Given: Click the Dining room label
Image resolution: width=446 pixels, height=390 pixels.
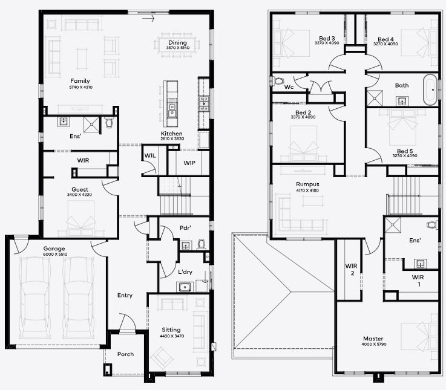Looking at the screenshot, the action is coord(177,43).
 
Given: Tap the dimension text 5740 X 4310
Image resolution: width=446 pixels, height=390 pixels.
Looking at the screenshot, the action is coord(80,87).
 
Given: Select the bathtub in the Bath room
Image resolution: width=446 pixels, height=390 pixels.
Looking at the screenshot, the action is coord(430,90).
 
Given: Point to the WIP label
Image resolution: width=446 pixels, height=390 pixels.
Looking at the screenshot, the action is coord(189,163).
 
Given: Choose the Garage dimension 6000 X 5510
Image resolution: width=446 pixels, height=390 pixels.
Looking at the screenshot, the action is coord(55,254).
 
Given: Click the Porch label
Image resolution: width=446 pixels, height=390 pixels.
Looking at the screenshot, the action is coord(125,354).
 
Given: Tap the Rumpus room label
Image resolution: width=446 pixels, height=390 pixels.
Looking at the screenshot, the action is coord(307,184).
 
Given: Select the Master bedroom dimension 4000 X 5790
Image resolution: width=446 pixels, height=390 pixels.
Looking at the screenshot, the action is coord(374,344).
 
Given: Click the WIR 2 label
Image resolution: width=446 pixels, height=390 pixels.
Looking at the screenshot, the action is coord(352,270).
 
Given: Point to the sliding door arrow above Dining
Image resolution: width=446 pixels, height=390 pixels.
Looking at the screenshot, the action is coord(148,19).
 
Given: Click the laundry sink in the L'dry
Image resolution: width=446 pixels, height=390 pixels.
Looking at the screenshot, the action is coord(185,287).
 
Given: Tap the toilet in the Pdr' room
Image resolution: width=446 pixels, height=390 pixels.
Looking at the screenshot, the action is coord(202,244).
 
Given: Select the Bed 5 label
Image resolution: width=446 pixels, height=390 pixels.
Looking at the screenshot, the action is coord(405,151).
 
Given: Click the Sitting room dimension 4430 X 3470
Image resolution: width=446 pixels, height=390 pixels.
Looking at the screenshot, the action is coord(172,336).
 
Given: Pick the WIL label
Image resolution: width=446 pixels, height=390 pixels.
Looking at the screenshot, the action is coord(150,155).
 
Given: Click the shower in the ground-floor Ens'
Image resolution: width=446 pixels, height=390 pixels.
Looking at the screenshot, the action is coord(91,125).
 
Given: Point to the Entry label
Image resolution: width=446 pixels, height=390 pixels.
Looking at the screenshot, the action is coord(125,295).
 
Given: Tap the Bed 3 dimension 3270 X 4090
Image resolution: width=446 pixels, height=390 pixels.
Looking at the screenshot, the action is coord(327,43).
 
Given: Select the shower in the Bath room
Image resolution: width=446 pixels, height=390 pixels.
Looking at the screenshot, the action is coord(375,98).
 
